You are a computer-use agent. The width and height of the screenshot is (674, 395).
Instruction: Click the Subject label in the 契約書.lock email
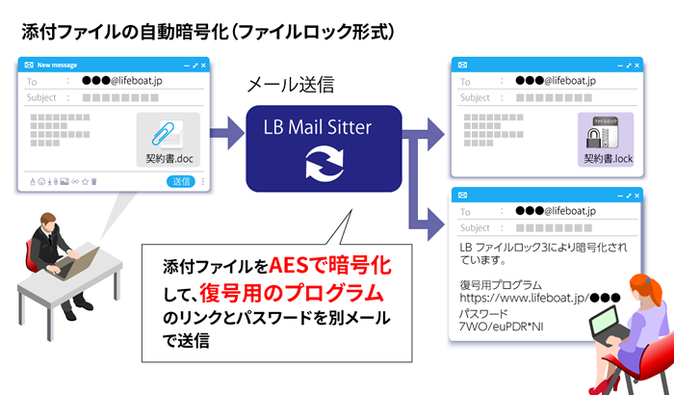pos(476,97)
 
